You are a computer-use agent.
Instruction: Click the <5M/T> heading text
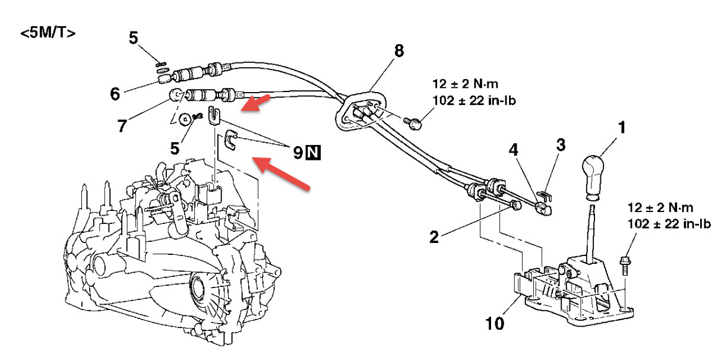[48, 33]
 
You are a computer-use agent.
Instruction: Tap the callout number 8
[398, 51]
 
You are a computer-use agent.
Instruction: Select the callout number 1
[621, 127]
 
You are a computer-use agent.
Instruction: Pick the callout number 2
[434, 238]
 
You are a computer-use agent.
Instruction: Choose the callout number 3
[561, 144]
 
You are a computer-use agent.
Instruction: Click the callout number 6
[115, 93]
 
